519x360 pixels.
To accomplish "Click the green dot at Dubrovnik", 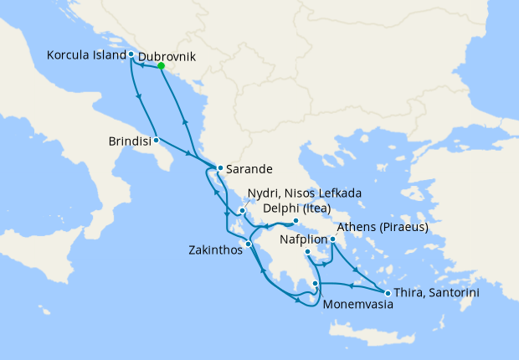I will [x=161, y=66].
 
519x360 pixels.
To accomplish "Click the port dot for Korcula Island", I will [x=131, y=54].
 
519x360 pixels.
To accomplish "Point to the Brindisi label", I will [x=130, y=140].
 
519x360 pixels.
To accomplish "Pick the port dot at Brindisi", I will [x=157, y=140].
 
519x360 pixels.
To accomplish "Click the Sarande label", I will [x=249, y=168].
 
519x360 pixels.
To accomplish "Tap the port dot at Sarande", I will [x=220, y=168].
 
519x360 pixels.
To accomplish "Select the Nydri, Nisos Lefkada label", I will [x=305, y=193].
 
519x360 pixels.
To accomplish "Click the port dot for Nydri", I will [x=242, y=211].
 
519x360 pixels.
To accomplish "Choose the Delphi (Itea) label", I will [x=296, y=208].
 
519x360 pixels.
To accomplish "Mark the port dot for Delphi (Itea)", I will [x=295, y=222].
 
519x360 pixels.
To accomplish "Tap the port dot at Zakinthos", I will [x=248, y=244].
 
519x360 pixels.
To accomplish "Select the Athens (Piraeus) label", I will [x=382, y=227].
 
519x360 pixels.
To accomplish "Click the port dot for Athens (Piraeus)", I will [x=332, y=239].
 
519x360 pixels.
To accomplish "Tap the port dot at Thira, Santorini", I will [x=387, y=292].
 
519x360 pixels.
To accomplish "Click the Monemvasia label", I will [x=357, y=306].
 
